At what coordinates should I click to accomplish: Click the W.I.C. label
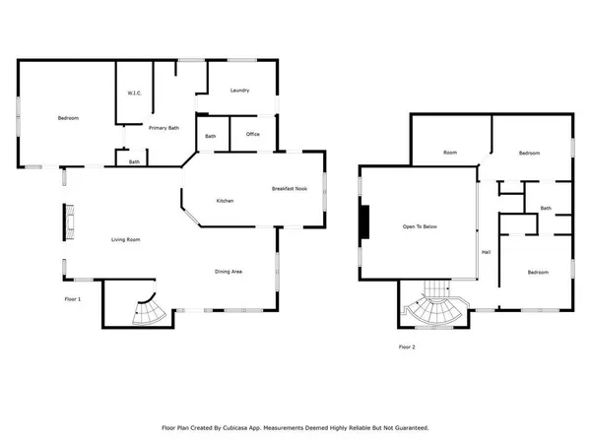pyautogui.click(x=135, y=94)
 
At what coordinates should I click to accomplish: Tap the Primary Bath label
pyautogui.click(x=164, y=128)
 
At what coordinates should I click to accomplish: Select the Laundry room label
pyautogui.click(x=239, y=91)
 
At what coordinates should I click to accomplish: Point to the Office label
pyautogui.click(x=253, y=135)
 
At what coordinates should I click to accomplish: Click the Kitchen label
pyautogui.click(x=225, y=201)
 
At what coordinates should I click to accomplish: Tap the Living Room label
pyautogui.click(x=124, y=240)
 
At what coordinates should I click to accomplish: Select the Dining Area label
pyautogui.click(x=230, y=272)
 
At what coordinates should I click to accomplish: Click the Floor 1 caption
pyautogui.click(x=72, y=298)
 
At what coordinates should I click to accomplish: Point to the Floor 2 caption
pyautogui.click(x=407, y=348)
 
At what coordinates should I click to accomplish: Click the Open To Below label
pyautogui.click(x=420, y=226)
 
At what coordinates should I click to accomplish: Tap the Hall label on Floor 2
pyautogui.click(x=486, y=252)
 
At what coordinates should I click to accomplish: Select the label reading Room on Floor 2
pyautogui.click(x=450, y=154)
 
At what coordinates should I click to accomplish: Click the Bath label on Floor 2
pyautogui.click(x=545, y=208)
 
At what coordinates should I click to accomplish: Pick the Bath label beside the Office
pyautogui.click(x=211, y=136)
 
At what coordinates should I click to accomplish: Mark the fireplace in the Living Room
pyautogui.click(x=70, y=222)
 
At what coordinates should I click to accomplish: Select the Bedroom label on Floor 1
pyautogui.click(x=68, y=118)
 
